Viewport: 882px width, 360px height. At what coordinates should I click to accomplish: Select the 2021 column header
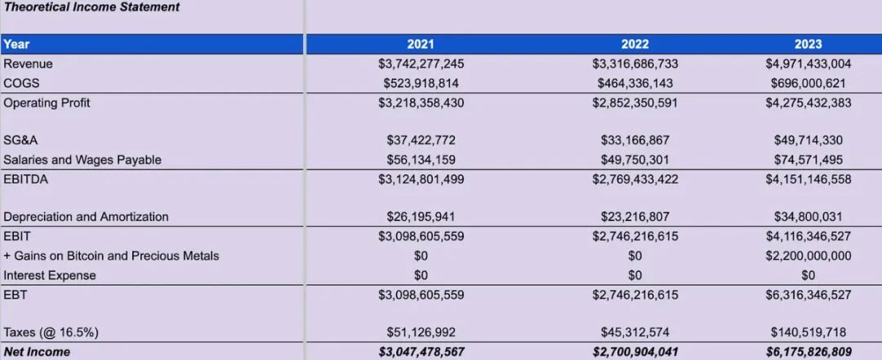420,44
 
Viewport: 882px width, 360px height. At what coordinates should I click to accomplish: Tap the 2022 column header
635,44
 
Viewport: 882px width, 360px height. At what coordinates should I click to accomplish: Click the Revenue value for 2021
420,64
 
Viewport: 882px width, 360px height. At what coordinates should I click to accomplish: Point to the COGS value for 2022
635,83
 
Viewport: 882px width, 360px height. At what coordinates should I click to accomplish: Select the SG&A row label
20,140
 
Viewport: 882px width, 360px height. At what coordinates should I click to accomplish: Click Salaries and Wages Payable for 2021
420,160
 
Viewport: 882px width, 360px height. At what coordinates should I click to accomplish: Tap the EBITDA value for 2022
635,179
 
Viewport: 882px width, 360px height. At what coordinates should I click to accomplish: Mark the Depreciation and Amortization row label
86,217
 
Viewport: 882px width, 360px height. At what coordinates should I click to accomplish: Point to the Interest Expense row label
49,275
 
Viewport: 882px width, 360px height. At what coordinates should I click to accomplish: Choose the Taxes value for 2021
420,332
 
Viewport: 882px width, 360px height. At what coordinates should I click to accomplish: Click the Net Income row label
37,352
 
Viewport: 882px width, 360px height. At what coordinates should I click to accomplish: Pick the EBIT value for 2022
635,236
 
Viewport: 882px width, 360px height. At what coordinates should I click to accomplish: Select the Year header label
16,44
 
